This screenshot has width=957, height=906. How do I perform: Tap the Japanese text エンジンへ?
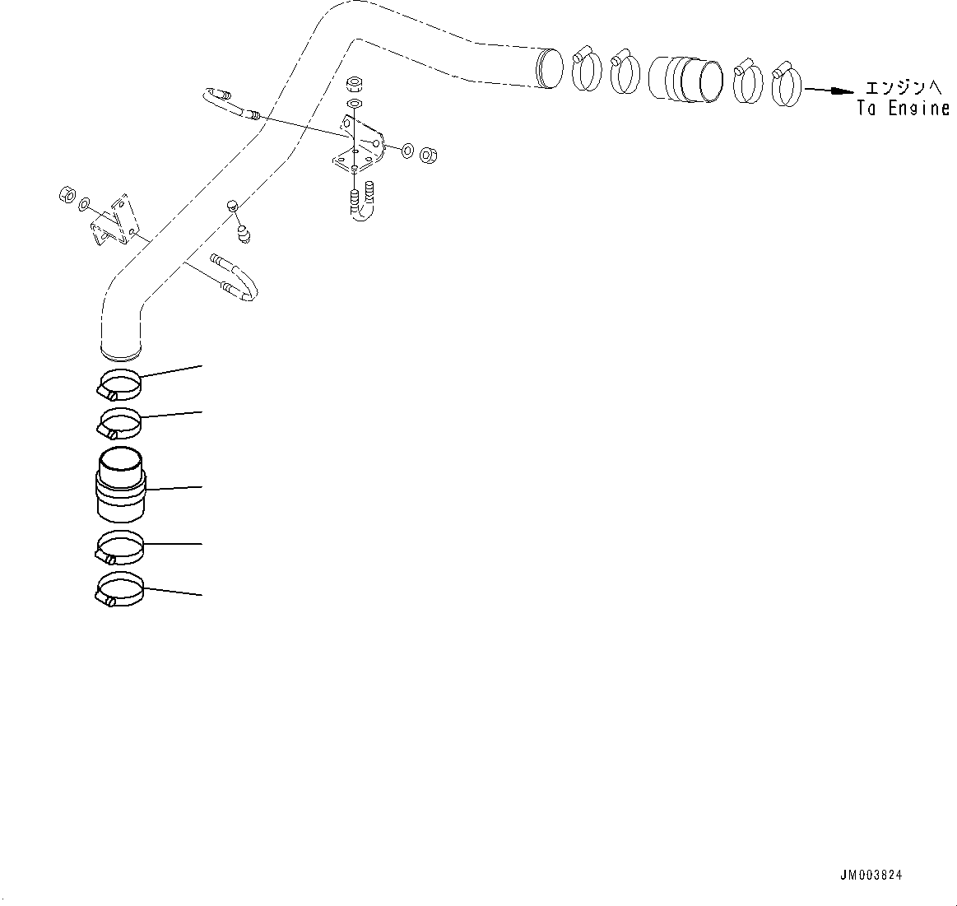(x=903, y=87)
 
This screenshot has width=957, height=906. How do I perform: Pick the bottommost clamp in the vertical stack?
(x=119, y=590)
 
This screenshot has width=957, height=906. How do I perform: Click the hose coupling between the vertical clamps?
(x=121, y=486)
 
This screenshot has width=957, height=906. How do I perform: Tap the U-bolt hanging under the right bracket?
(x=363, y=204)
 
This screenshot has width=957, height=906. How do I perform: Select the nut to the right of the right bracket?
(x=428, y=154)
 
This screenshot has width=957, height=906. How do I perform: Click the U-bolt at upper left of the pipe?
(x=229, y=105)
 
